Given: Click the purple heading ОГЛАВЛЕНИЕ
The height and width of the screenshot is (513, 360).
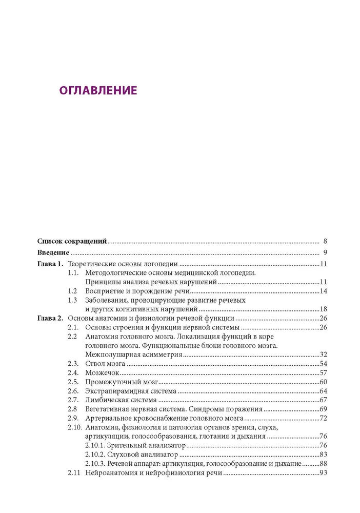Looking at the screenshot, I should click(98, 91).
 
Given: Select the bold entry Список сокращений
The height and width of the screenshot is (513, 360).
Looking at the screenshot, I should click(72, 241).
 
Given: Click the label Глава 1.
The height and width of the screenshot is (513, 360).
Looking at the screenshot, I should click(50, 264).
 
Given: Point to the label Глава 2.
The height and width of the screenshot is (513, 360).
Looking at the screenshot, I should click(50, 319).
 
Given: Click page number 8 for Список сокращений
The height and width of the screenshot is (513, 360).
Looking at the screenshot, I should click(325, 241).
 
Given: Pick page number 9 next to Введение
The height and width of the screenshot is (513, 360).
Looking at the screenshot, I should click(325, 252).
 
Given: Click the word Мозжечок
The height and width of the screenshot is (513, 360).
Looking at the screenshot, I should click(102, 373).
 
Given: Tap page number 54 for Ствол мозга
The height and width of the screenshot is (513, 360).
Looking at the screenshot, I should click(323, 364).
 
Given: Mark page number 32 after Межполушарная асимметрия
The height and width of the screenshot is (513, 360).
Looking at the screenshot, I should click(323, 355).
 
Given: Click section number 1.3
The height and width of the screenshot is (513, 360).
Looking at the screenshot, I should click(73, 300).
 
